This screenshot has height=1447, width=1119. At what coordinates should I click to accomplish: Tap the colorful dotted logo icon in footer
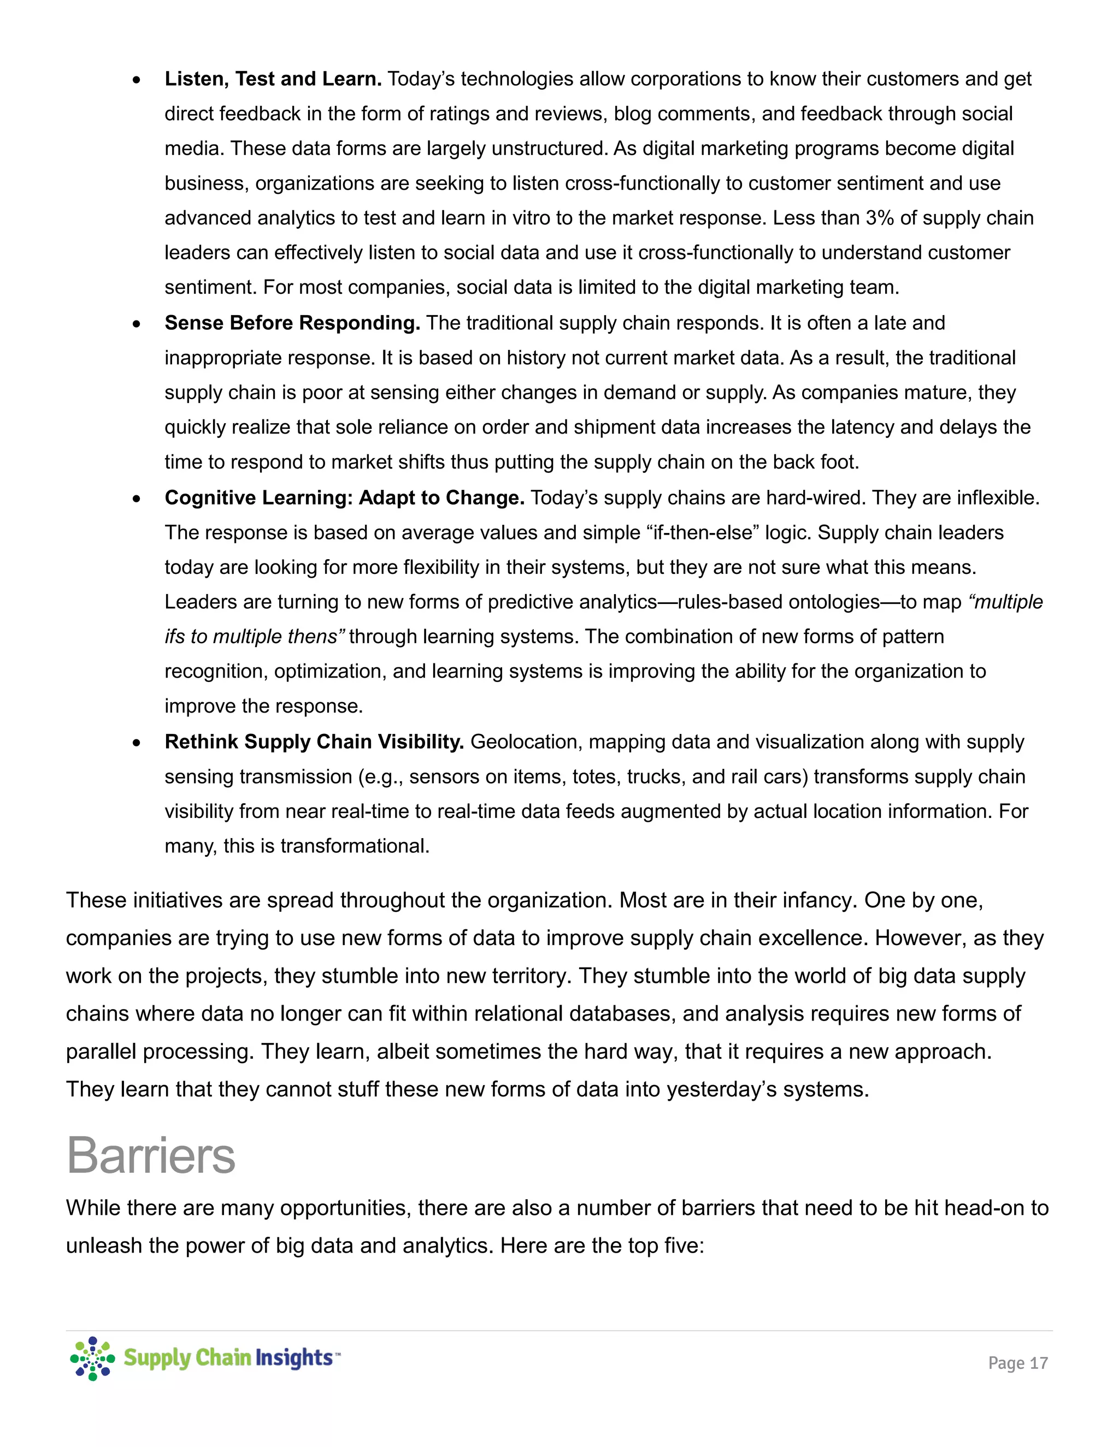point(92,1358)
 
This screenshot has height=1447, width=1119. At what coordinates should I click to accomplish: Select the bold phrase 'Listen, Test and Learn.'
point(273,79)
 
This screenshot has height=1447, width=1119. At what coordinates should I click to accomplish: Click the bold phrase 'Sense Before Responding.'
point(292,323)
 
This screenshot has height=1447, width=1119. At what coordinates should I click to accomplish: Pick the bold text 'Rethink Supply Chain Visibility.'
point(314,742)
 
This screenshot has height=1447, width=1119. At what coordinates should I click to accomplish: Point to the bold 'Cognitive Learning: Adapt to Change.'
point(345,497)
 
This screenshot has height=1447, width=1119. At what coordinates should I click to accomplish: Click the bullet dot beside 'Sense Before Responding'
point(137,324)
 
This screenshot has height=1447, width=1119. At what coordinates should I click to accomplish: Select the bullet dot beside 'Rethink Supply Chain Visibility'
point(137,743)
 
